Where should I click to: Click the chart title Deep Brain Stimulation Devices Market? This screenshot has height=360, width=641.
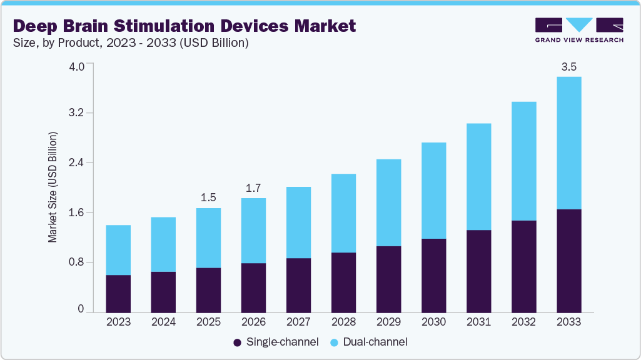[x=184, y=26]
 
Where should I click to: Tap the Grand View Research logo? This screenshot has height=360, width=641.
[x=579, y=30]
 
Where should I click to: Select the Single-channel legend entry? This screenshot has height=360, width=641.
[x=276, y=342]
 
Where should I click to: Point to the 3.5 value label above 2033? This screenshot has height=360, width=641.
[x=568, y=67]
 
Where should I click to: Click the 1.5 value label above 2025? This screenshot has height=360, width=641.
[x=208, y=197]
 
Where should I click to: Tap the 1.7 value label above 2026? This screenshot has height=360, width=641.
[x=253, y=187]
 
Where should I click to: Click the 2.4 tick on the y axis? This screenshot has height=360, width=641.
[x=76, y=163]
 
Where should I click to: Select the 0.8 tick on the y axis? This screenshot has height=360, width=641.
[x=76, y=262]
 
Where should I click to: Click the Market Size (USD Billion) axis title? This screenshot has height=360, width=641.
[x=53, y=187]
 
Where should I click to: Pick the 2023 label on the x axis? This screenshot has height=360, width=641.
[x=118, y=322]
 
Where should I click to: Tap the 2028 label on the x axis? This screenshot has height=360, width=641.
[x=343, y=322]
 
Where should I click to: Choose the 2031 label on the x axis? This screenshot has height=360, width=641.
[x=478, y=322]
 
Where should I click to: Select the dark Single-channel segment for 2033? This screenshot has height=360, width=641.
[x=568, y=261]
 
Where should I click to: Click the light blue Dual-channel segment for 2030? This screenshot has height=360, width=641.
[x=433, y=191]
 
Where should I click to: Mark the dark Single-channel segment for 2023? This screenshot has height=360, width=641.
[x=118, y=293]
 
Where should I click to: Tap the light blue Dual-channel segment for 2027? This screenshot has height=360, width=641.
[x=298, y=222]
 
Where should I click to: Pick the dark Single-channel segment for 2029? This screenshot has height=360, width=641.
[x=388, y=279]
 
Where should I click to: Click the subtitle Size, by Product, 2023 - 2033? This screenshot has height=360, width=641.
[x=131, y=43]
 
